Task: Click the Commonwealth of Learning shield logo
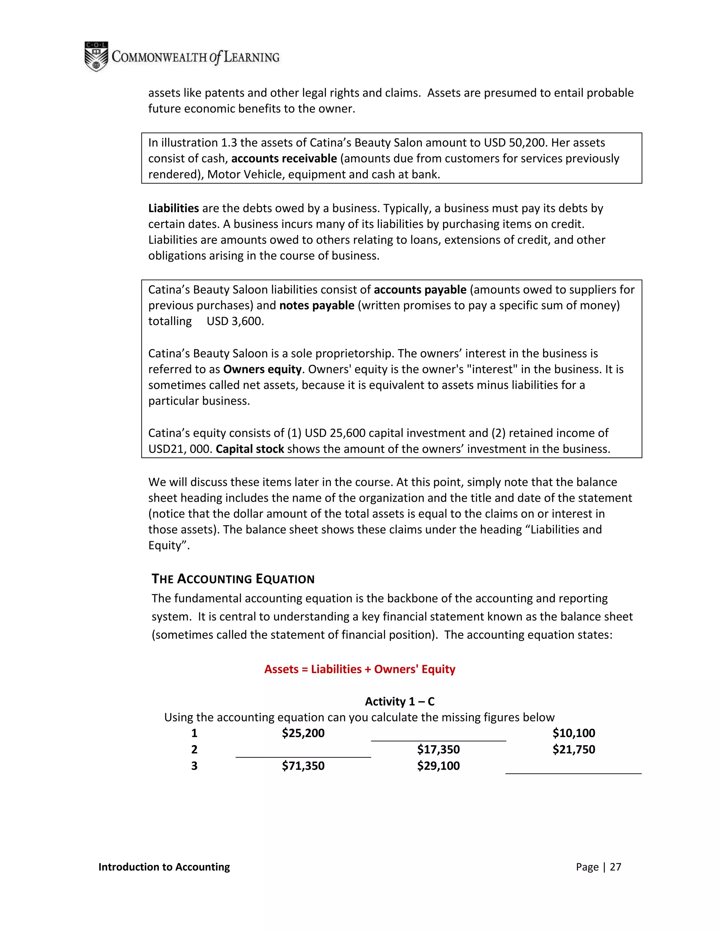[96, 56]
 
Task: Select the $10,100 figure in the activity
[573, 733]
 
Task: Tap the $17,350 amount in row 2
[438, 749]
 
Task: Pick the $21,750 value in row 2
[573, 749]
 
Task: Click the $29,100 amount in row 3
[438, 766]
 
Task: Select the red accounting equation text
[360, 669]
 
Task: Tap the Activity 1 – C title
[400, 701]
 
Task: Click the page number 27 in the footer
[615, 867]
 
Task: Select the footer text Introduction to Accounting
[164, 867]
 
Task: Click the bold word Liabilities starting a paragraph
[173, 208]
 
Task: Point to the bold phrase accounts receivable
[284, 158]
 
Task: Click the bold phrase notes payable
[316, 305]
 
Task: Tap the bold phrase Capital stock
[250, 449]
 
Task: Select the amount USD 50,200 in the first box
[514, 142]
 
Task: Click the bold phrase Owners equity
[262, 369]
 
